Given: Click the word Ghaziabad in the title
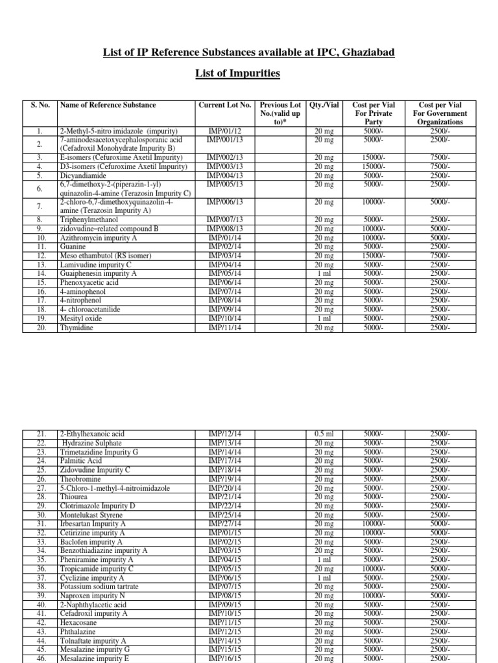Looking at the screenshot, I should [364, 52].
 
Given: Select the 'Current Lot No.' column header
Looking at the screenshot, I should [224, 105].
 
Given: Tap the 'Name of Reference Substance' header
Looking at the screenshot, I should [108, 105].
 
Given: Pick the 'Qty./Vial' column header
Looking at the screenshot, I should [324, 105].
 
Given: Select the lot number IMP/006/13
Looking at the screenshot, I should [224, 203].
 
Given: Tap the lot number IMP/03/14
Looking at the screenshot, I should [224, 256].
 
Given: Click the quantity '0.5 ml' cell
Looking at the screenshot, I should [324, 434].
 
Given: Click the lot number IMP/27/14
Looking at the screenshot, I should [224, 524].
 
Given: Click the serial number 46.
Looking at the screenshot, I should [41, 658].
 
